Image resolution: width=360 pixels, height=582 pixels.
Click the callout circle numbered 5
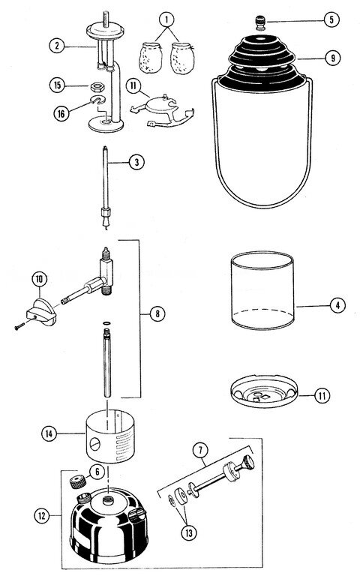pyautogui.click(x=331, y=19)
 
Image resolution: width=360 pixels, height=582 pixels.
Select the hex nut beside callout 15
pyautogui.click(x=97, y=86)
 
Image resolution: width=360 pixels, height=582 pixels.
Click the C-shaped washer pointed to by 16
pyautogui.click(x=98, y=100)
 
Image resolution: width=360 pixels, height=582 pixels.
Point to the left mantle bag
pyautogui.click(x=150, y=58)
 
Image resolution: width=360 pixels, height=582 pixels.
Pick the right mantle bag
pyautogui.click(x=182, y=58)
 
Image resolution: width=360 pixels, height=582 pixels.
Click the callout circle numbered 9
pyautogui.click(x=333, y=58)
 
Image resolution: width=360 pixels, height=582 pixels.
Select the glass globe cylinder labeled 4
pyautogui.click(x=262, y=291)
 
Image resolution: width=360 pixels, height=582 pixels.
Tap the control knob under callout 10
pyautogui.click(x=41, y=313)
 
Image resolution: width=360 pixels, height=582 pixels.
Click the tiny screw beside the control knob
pyautogui.click(x=19, y=327)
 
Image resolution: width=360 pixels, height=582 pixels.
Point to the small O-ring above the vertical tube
pyautogui.click(x=107, y=324)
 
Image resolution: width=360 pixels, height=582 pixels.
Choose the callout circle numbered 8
pyautogui.click(x=157, y=313)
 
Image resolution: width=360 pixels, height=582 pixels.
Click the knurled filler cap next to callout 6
pyautogui.click(x=78, y=481)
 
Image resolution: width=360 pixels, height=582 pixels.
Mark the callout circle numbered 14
pyautogui.click(x=49, y=433)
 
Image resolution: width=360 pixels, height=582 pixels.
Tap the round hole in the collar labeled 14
pyautogui.click(x=95, y=443)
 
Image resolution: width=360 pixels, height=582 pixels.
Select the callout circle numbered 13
pyautogui.click(x=189, y=533)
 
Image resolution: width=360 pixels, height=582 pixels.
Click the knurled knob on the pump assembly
pyautogui.click(x=247, y=463)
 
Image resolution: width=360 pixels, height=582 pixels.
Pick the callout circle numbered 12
pyautogui.click(x=42, y=515)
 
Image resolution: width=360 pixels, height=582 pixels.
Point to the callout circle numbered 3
pyautogui.click(x=136, y=162)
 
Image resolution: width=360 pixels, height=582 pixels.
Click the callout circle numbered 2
pyautogui.click(x=57, y=46)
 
